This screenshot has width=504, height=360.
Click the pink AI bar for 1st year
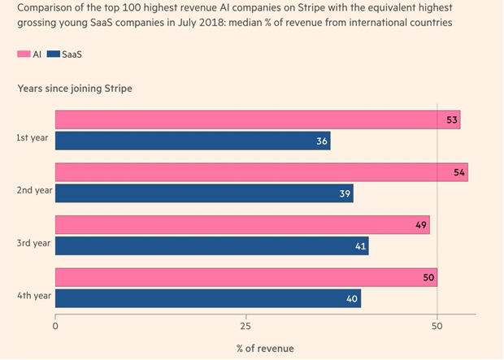tap(257, 119)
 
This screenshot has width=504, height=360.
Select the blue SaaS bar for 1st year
tap(192, 141)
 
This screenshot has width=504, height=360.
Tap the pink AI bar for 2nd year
tap(261, 172)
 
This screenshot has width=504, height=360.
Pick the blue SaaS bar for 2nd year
tap(203, 193)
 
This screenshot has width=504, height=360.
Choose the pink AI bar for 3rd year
tap(241, 225)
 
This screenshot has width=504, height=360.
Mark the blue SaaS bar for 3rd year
tap(211, 246)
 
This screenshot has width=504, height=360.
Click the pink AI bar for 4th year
tap(245, 278)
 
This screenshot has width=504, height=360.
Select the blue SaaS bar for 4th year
tap(207, 299)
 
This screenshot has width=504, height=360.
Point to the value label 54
tap(458, 172)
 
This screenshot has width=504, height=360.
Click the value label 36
tap(321, 141)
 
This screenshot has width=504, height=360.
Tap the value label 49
tap(420, 225)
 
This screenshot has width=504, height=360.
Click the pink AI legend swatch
tap(24, 54)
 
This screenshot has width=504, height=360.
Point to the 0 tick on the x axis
tap(55, 327)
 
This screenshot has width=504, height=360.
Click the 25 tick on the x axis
tap(245, 327)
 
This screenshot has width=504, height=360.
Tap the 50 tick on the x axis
tap(437, 327)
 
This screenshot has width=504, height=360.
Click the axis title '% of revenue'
tap(265, 349)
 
